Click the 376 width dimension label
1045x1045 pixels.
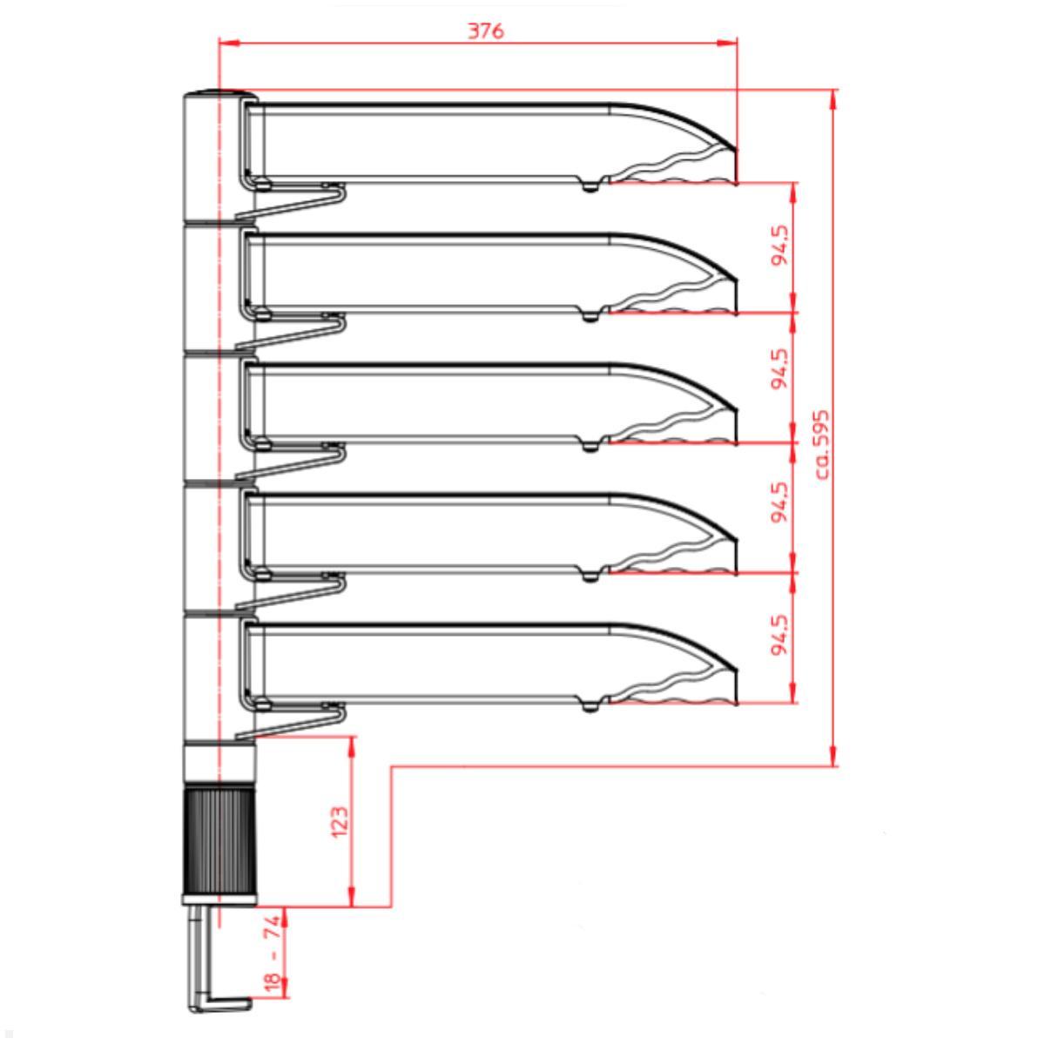coord(486,30)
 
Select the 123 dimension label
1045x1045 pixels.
coord(340,821)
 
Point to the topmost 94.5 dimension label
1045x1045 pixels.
coord(780,246)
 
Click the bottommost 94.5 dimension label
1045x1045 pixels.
coord(780,636)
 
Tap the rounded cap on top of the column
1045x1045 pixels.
coord(218,94)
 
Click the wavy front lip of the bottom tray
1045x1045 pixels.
coord(675,688)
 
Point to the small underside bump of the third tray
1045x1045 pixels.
coord(591,448)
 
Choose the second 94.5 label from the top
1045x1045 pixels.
coord(780,368)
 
